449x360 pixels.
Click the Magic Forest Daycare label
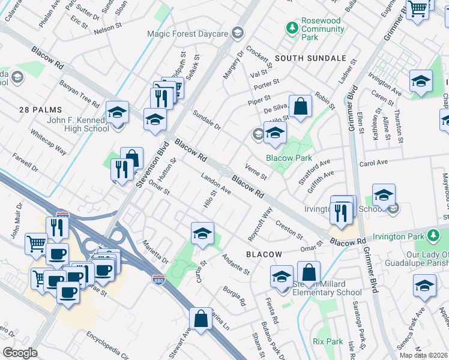(x=190, y=32)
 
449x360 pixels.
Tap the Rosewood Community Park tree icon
(x=292, y=28)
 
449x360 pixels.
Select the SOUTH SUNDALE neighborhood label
(x=311, y=58)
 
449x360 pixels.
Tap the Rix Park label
(x=327, y=341)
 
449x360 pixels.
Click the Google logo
(x=20, y=352)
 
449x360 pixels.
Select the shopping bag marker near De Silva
(x=301, y=107)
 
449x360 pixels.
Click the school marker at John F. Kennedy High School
(x=118, y=112)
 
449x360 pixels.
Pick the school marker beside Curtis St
(x=203, y=233)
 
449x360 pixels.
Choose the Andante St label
(x=236, y=265)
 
